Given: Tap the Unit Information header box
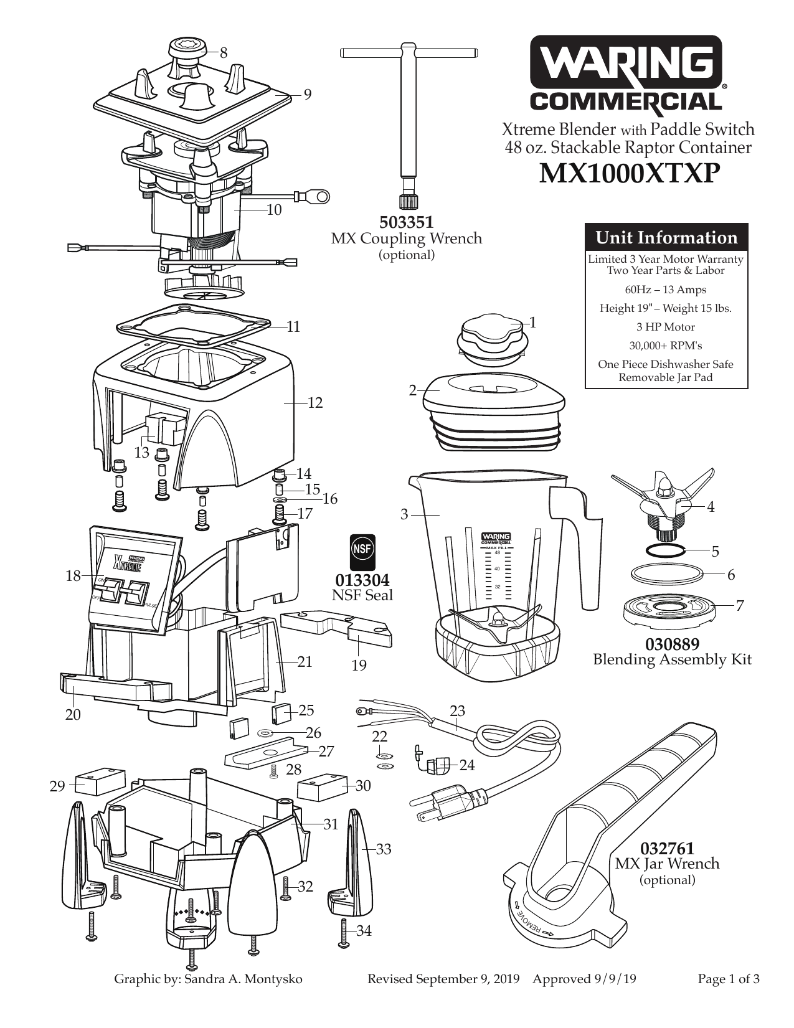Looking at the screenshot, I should (666, 237).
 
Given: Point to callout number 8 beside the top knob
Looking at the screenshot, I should (224, 53).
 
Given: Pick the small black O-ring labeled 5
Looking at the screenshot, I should (664, 550).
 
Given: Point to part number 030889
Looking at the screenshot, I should (672, 644).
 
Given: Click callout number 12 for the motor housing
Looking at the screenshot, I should (315, 403).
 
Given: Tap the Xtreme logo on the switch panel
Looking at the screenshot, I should (128, 563).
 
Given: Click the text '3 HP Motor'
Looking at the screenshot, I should (666, 327).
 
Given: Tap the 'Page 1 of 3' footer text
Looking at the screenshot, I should (728, 979).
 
